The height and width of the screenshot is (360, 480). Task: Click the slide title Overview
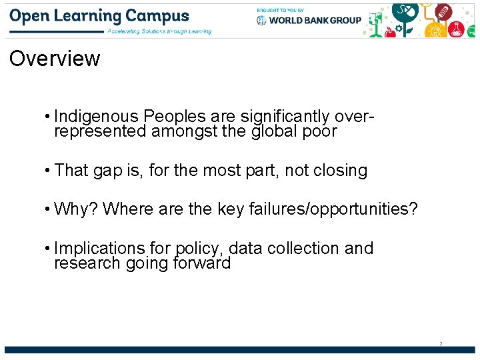click(x=55, y=59)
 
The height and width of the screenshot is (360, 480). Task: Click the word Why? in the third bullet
click(x=76, y=209)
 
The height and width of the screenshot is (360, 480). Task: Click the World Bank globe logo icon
click(x=261, y=20)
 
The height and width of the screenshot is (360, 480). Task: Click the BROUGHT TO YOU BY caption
click(x=280, y=9)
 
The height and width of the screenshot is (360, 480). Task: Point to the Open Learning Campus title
click(x=100, y=16)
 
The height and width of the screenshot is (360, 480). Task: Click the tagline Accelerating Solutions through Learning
click(x=159, y=31)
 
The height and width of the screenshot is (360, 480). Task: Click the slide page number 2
click(x=441, y=343)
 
